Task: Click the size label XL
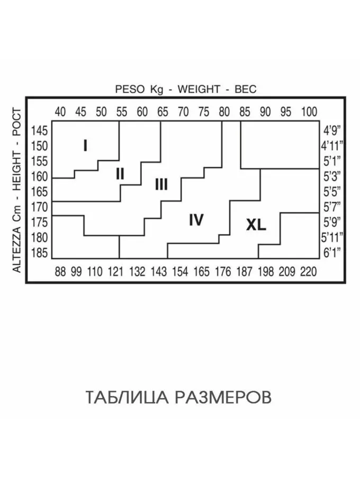256,225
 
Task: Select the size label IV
196,220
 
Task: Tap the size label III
161,184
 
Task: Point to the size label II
120,173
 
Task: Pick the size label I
85,145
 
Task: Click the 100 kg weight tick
309,112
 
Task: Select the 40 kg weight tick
60,112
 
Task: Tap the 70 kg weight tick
183,112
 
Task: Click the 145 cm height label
40,130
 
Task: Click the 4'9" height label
332,130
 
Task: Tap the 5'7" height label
332,206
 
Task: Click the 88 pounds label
60,272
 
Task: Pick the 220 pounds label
308,272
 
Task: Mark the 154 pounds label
180,272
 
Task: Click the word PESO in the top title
130,89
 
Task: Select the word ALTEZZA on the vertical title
17,249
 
